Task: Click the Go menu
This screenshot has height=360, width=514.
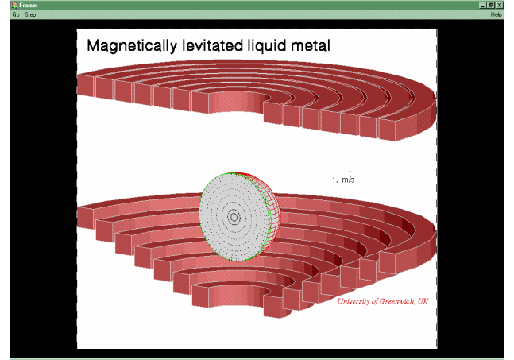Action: point(16,14)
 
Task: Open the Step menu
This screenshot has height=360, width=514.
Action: point(30,14)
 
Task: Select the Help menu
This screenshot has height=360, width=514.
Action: point(496,14)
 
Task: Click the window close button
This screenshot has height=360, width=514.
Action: point(499,5)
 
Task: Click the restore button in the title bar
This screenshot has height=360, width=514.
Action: point(491,5)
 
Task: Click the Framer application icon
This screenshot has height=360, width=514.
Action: point(14,5)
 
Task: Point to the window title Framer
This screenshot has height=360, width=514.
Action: point(29,6)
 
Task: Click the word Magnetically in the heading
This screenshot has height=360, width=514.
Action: point(132,46)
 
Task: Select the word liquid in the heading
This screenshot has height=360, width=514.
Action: point(267,46)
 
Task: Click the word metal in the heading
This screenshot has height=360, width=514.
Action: point(311,45)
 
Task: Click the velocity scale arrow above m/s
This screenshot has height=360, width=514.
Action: point(346,172)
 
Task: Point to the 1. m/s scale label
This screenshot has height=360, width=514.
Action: point(343,180)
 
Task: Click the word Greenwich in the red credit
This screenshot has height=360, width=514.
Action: point(396,301)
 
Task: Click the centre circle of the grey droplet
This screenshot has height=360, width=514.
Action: point(234,217)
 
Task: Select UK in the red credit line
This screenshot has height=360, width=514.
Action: point(423,301)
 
